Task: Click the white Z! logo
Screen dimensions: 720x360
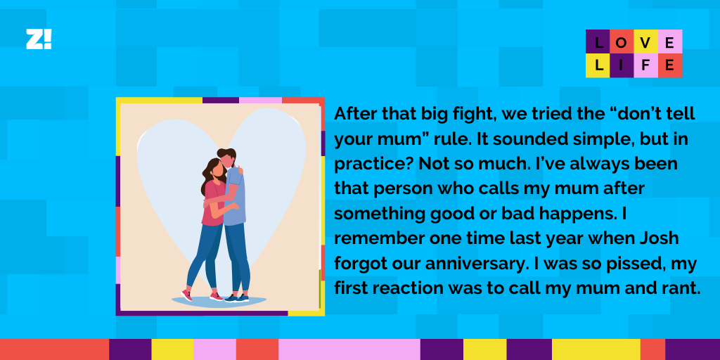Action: [39, 39]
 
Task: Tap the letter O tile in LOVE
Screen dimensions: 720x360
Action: [622, 41]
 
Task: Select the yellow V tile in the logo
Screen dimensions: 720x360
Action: [645, 41]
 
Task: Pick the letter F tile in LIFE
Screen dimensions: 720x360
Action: [645, 65]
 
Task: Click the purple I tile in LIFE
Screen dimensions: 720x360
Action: [622, 65]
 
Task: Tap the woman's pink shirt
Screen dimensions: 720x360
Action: [214, 202]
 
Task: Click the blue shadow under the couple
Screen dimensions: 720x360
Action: [219, 302]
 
